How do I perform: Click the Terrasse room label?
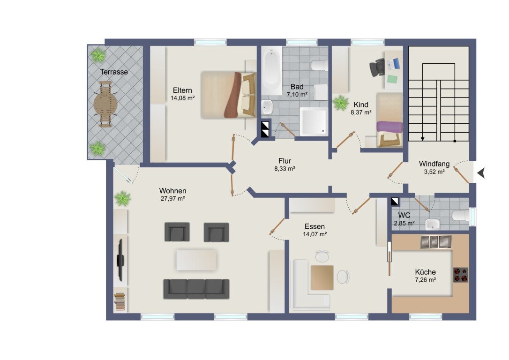(113, 72)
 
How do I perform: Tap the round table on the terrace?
(105, 104)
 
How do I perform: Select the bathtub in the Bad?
(271, 71)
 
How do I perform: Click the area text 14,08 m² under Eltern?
(182, 97)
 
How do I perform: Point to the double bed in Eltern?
(228, 95)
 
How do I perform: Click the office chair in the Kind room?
(376, 67)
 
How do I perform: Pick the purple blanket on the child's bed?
(389, 127)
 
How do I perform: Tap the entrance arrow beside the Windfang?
(481, 173)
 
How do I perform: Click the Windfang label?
(434, 164)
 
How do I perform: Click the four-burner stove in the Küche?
(461, 275)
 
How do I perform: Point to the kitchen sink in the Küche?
(436, 242)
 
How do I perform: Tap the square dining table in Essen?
(322, 277)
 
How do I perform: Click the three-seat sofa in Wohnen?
(196, 289)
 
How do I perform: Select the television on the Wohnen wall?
(120, 260)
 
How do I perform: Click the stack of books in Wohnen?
(120, 301)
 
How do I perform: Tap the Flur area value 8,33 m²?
(284, 168)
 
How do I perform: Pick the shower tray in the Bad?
(313, 122)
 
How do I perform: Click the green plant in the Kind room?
(341, 103)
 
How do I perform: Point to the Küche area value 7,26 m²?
(425, 279)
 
